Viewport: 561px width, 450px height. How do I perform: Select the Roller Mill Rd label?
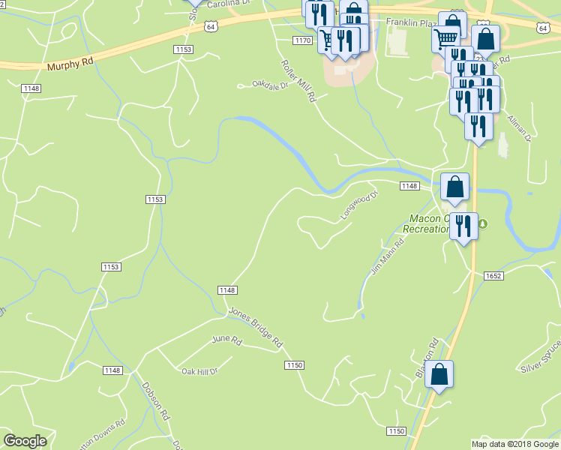(x=299, y=82)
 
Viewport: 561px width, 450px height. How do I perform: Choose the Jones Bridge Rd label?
(x=256, y=327)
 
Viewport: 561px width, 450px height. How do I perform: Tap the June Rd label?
(x=226, y=340)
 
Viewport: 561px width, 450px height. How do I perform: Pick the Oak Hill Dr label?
(x=199, y=370)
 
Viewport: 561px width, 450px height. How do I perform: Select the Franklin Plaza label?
(x=410, y=23)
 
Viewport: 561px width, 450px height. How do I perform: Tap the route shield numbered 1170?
(x=302, y=40)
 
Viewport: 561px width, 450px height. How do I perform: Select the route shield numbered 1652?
(x=493, y=276)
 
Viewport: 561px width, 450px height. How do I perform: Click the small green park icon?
(x=483, y=223)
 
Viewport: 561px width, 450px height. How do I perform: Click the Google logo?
(x=25, y=441)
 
